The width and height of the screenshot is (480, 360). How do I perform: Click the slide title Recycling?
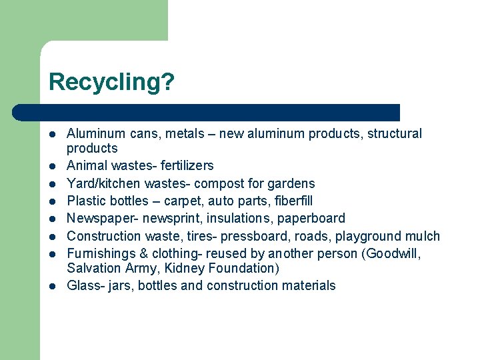[111, 82]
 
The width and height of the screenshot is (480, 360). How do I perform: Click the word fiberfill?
[288, 201]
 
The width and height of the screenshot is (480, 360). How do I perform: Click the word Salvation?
[93, 268]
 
